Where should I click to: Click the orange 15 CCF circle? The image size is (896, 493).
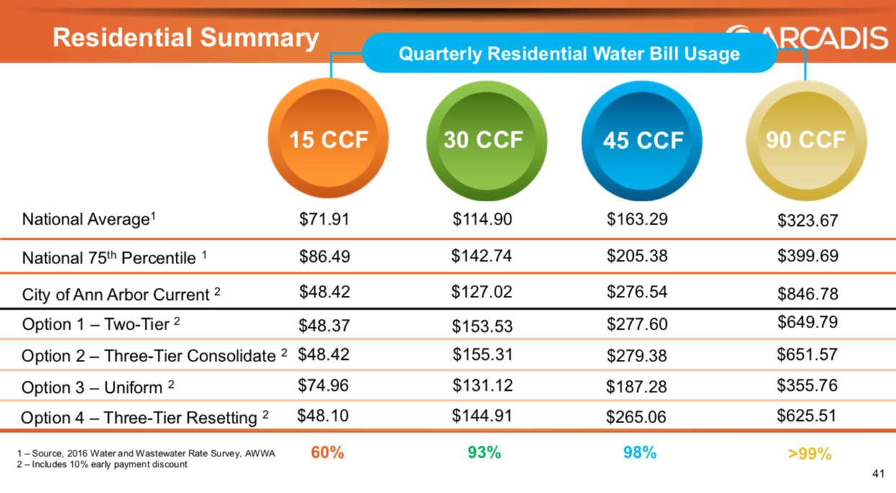328,140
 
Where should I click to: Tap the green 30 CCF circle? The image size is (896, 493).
483,140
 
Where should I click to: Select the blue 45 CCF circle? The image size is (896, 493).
642,140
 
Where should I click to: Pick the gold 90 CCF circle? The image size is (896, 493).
805,140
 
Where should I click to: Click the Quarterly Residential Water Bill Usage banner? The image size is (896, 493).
569,53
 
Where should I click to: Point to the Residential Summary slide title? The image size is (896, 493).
186,38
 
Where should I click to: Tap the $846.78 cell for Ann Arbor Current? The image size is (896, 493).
807,294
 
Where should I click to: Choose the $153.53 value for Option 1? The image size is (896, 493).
483,326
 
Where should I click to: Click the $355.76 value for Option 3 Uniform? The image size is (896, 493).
807,385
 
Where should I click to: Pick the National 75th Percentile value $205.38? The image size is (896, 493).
637,255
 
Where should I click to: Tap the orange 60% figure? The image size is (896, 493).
327,453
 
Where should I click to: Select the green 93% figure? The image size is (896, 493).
484,453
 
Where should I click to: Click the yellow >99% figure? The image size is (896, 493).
810,453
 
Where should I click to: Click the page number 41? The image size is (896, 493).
877,474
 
